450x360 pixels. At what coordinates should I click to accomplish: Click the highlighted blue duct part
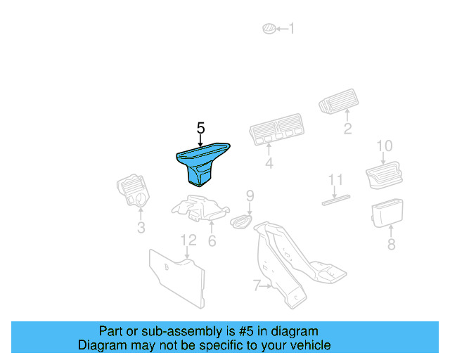202,163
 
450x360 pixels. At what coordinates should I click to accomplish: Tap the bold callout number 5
201,128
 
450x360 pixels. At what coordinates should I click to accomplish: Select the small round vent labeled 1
269,28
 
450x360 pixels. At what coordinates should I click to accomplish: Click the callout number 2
347,129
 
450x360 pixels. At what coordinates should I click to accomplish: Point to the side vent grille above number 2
339,101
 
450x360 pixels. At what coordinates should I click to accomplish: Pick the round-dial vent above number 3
133,191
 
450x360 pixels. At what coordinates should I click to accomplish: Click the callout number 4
269,163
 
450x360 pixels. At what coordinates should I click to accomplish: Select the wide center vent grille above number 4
276,129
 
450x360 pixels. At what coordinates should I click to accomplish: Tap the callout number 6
212,241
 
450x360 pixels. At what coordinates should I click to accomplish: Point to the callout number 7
257,285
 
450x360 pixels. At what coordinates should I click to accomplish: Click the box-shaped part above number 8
387,213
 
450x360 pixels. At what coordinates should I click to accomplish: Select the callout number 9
250,195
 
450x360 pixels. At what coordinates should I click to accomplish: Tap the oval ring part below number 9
241,221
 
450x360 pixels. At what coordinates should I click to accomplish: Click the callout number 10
385,146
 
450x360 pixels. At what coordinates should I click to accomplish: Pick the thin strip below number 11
336,200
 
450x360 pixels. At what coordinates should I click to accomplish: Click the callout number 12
188,240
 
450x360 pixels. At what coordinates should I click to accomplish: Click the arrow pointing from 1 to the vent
282,29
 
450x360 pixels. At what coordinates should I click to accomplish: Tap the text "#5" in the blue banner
246,331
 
